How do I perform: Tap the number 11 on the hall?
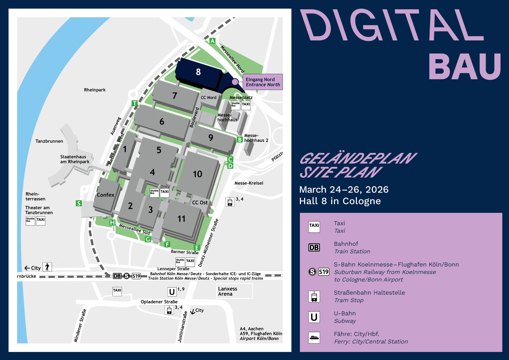181,219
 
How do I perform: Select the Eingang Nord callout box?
262,82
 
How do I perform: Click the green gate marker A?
212,41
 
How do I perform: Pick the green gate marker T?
135,103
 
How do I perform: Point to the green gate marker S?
79,203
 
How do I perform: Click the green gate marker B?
240,140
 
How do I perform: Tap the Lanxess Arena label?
227,291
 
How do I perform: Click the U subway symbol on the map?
172,292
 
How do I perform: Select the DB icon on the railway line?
117,276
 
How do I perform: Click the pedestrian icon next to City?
47,267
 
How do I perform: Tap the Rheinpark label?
95,90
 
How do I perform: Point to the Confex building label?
105,195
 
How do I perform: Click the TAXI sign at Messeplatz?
246,105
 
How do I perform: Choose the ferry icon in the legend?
314,338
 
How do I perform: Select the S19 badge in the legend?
323,272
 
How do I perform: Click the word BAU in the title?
465,66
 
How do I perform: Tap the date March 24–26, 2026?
344,190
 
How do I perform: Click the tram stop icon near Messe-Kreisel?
230,202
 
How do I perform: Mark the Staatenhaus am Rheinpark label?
75,159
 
